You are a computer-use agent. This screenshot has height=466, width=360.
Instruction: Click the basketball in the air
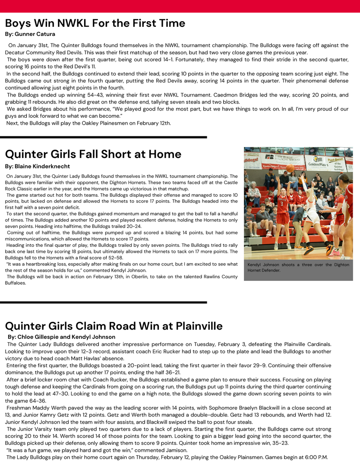(x=290, y=168)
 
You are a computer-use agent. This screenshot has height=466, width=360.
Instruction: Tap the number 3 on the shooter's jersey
(x=281, y=204)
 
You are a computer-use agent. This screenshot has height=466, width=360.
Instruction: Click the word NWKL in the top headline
(x=96, y=23)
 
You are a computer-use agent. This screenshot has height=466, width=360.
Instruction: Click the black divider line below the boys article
(x=104, y=137)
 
